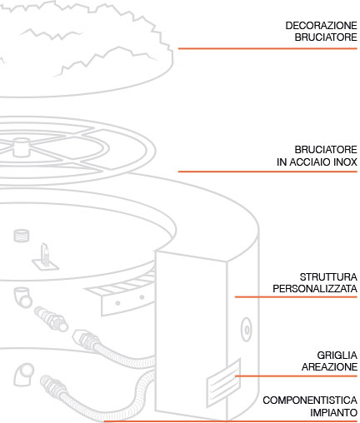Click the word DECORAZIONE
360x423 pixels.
[x=322, y=26]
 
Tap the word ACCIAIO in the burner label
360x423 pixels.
[x=310, y=162]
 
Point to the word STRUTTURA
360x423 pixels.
[x=328, y=276]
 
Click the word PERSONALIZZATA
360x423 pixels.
[x=315, y=289]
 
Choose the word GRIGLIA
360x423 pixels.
[x=337, y=355]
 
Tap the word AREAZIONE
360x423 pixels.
[x=330, y=367]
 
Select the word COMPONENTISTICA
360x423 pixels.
[x=310, y=401]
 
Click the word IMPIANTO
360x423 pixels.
[x=334, y=412]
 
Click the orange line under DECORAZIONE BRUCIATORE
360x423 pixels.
[x=267, y=48]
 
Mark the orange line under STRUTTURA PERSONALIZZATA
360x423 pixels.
[x=296, y=297]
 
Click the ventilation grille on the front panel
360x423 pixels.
[x=223, y=383]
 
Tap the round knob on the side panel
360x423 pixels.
[x=247, y=330]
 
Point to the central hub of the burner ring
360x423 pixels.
[x=22, y=147]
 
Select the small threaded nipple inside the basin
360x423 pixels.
[x=22, y=236]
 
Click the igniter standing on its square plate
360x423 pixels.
[x=45, y=258]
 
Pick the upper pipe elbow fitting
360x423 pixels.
[x=22, y=297]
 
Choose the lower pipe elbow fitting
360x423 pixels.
[x=24, y=375]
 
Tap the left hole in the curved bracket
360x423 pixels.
[x=117, y=303]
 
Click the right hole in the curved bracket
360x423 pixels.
[x=142, y=297]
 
